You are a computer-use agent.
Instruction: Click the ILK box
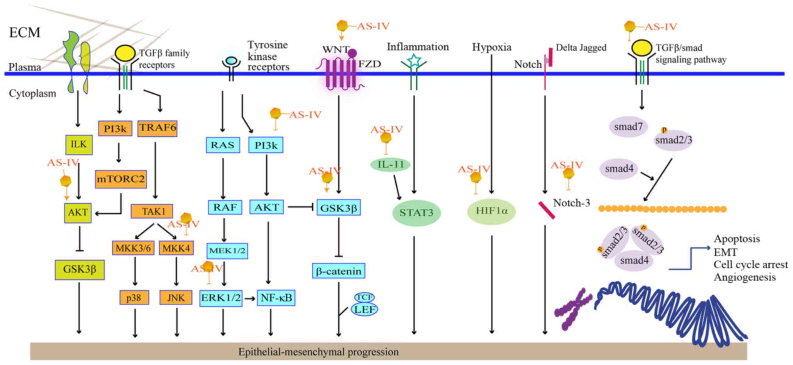click(78, 144)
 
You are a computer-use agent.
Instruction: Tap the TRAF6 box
click(157, 128)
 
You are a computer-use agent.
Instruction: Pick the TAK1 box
click(151, 211)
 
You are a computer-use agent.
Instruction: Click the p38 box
click(134, 298)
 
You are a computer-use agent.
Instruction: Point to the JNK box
click(176, 298)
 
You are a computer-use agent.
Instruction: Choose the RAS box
click(223, 145)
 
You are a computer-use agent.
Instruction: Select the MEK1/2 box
click(227, 251)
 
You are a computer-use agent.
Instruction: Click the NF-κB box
click(276, 298)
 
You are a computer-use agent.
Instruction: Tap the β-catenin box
click(339, 270)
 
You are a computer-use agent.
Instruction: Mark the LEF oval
click(364, 309)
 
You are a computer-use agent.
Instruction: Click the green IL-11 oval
click(390, 165)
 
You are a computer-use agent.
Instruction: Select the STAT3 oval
click(416, 213)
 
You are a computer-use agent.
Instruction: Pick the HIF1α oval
click(492, 211)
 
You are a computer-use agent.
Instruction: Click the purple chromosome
click(571, 310)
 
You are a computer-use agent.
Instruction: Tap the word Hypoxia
click(492, 47)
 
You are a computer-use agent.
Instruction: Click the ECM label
click(25, 32)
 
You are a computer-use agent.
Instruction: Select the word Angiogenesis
click(745, 277)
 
